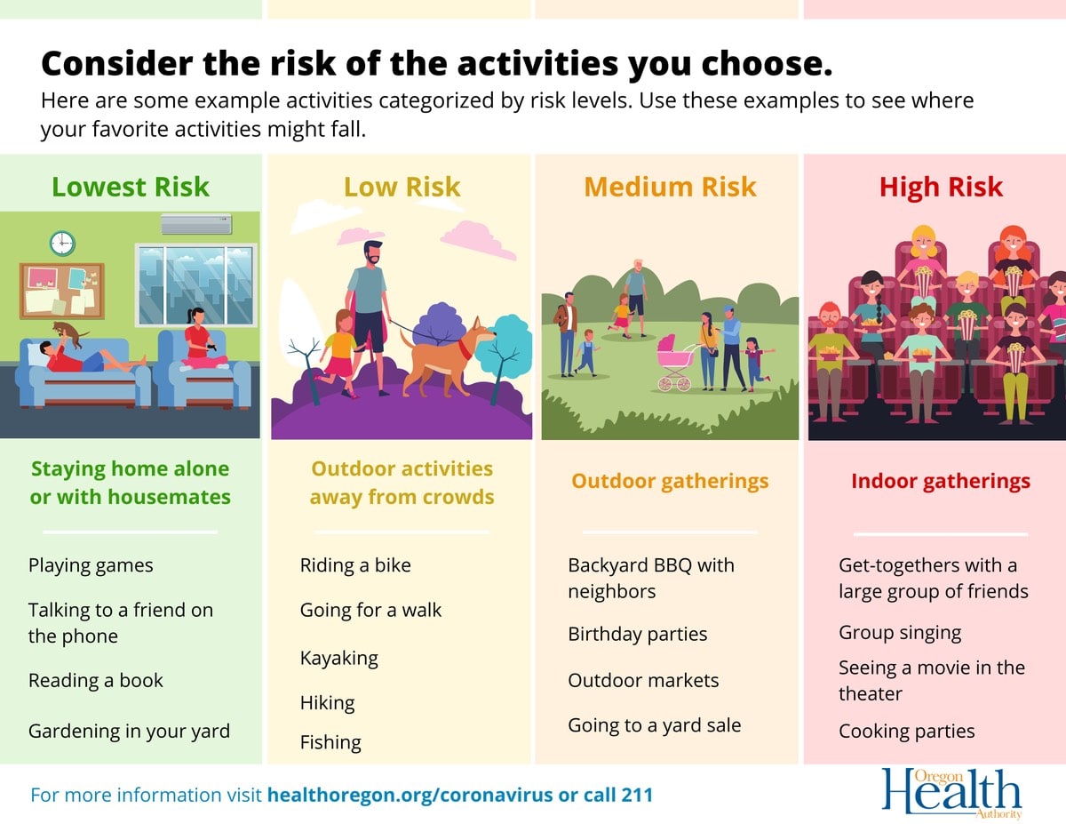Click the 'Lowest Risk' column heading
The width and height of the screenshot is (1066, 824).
(131, 187)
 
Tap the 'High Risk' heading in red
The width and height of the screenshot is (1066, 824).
(941, 188)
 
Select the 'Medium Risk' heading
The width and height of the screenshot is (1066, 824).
(670, 187)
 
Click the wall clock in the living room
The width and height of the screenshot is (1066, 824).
(62, 244)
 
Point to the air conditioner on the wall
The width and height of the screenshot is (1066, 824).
(196, 224)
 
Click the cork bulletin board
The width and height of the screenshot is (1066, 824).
(62, 291)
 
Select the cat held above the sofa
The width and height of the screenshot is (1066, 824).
(68, 332)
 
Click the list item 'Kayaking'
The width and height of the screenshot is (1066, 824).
(339, 658)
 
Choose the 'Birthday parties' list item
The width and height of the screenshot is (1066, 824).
(637, 634)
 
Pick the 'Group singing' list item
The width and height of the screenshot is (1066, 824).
(900, 633)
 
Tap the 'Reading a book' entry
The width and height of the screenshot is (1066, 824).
(96, 680)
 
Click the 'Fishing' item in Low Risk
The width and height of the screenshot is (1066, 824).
(330, 742)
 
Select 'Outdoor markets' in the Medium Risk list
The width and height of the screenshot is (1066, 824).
(643, 680)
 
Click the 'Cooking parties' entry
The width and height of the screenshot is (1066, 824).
(907, 732)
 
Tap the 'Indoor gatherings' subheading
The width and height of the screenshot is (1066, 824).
(941, 482)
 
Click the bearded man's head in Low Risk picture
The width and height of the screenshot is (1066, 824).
(373, 252)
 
